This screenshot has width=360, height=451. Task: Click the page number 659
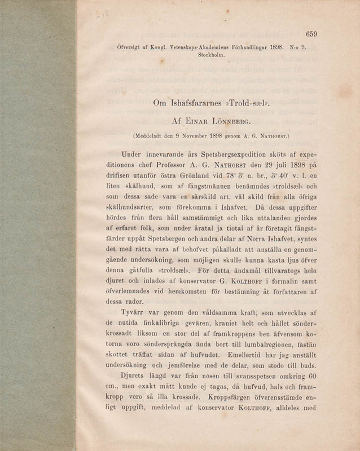pos(311,34)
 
